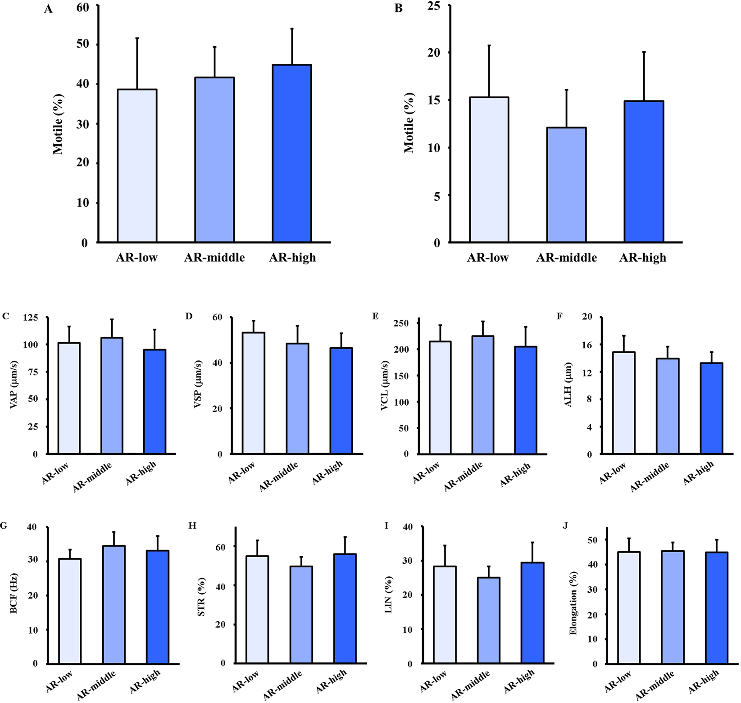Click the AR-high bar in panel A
tap(292, 153)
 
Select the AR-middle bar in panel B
tap(566, 185)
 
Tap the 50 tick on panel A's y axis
tap(83, 45)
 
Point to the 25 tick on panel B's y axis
tap(434, 6)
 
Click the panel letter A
tap(48, 9)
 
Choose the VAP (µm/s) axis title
tap(14, 384)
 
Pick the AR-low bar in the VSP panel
tap(254, 393)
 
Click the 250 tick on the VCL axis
tap(400, 323)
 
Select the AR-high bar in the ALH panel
tap(712, 408)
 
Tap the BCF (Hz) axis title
tap(14, 593)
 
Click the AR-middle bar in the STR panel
tap(301, 615)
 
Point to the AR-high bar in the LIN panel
tap(533, 613)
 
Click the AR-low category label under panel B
tap(488, 258)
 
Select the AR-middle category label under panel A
tap(214, 258)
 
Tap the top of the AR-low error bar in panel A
tap(137, 38)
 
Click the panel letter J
tap(566, 526)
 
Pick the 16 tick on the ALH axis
tap(587, 345)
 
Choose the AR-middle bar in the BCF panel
tap(114, 605)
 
